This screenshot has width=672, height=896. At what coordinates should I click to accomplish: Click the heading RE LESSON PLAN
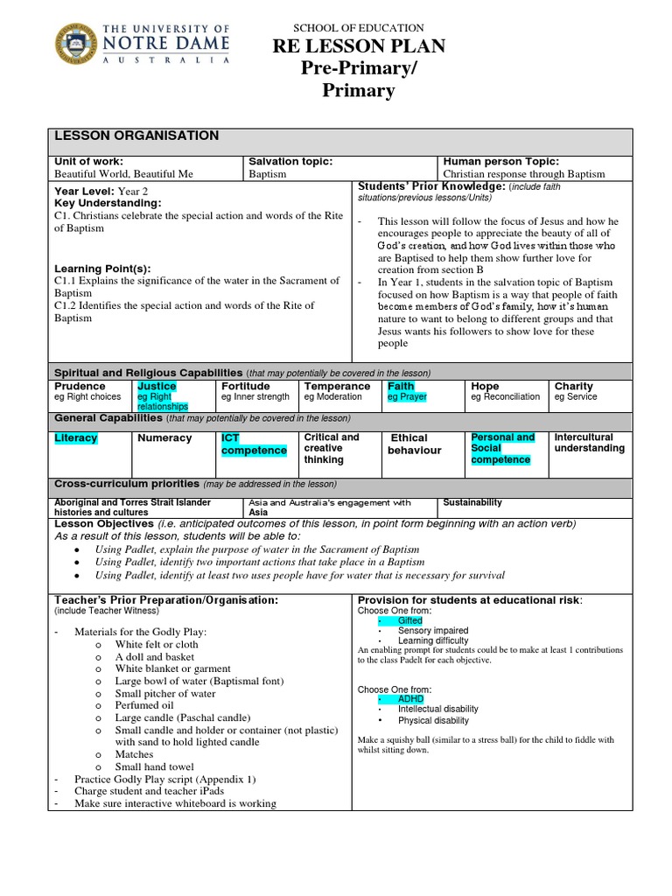(x=359, y=46)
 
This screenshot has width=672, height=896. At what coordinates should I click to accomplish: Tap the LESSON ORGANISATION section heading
(x=136, y=136)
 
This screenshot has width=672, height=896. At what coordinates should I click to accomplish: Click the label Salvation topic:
(x=290, y=162)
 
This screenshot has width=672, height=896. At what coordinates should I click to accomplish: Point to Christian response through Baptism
(x=524, y=174)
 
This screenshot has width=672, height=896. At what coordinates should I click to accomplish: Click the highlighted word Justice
(x=157, y=386)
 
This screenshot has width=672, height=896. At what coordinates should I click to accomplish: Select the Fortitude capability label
(x=245, y=386)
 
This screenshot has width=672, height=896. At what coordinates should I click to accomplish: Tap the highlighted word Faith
(x=401, y=386)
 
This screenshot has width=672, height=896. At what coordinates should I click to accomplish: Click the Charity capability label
(x=573, y=386)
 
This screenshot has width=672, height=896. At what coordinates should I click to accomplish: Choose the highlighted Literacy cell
(x=76, y=437)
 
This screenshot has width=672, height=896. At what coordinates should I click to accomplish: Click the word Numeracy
(x=164, y=437)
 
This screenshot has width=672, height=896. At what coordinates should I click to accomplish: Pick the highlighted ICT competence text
(x=254, y=444)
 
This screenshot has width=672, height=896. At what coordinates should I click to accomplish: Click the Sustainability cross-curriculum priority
(x=472, y=503)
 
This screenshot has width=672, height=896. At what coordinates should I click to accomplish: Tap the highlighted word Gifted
(x=409, y=619)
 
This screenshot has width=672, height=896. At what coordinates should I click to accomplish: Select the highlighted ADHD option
(x=410, y=699)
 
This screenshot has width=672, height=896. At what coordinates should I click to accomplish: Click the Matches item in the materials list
(x=134, y=754)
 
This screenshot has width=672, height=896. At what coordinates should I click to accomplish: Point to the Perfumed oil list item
(x=144, y=705)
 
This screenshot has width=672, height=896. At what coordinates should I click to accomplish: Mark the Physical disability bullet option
(x=433, y=721)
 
